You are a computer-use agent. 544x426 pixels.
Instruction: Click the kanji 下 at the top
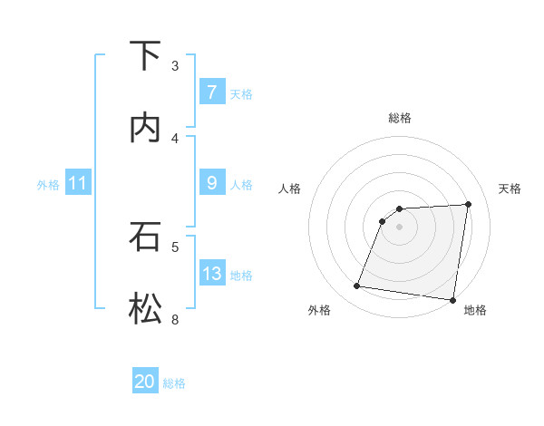[x=145, y=56]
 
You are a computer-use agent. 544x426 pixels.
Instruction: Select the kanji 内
[x=145, y=128]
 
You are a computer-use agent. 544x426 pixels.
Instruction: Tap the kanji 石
[x=145, y=237]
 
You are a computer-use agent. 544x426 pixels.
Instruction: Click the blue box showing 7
[x=211, y=92]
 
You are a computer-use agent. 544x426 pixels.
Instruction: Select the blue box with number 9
[x=211, y=183]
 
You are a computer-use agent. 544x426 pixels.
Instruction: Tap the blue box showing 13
[x=211, y=274]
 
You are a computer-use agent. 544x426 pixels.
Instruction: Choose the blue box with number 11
[x=78, y=184]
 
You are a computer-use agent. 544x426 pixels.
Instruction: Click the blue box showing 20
[x=145, y=382]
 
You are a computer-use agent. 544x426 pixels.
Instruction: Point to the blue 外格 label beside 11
[x=48, y=185]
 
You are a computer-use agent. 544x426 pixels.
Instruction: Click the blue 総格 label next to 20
[x=174, y=383]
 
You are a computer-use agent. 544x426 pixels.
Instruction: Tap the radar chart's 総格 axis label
[x=400, y=118]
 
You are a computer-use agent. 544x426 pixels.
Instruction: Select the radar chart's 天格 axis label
[x=510, y=189]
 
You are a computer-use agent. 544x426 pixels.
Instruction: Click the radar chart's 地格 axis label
[x=475, y=311]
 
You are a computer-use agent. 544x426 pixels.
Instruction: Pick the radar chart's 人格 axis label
[x=290, y=189]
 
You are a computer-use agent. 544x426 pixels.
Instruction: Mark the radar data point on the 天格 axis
[x=469, y=204]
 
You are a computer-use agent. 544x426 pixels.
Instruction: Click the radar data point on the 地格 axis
[x=452, y=299]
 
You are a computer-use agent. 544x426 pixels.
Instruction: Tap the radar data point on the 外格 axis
[x=357, y=286]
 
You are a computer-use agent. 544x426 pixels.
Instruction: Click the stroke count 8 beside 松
[x=175, y=319]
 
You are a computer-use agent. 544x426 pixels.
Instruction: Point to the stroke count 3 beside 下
[x=175, y=65]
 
